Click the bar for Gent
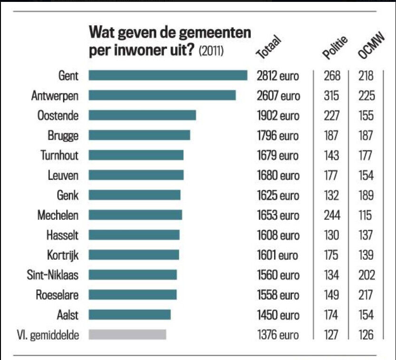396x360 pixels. pos(168,76)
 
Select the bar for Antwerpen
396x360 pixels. pos(162,95)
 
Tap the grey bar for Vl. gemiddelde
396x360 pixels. pos(127,334)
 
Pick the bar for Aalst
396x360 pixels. pos(129,314)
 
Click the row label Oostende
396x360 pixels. pos(58,115)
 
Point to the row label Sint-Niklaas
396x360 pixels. pos(53,275)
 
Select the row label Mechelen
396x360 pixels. pos(58,215)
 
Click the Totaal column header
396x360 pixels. pos(269,47)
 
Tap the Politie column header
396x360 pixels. pos(335,47)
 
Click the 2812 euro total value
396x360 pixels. pos(278,76)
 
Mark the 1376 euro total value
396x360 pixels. pos(278,335)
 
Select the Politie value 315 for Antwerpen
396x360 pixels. pos(331,95)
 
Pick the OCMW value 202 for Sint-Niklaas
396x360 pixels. pos(366,275)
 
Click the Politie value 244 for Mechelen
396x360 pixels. pos(331,215)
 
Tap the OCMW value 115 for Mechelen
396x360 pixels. pos(366,215)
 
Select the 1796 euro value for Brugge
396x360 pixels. pos(278,135)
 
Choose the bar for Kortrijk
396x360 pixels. pos(134,255)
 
